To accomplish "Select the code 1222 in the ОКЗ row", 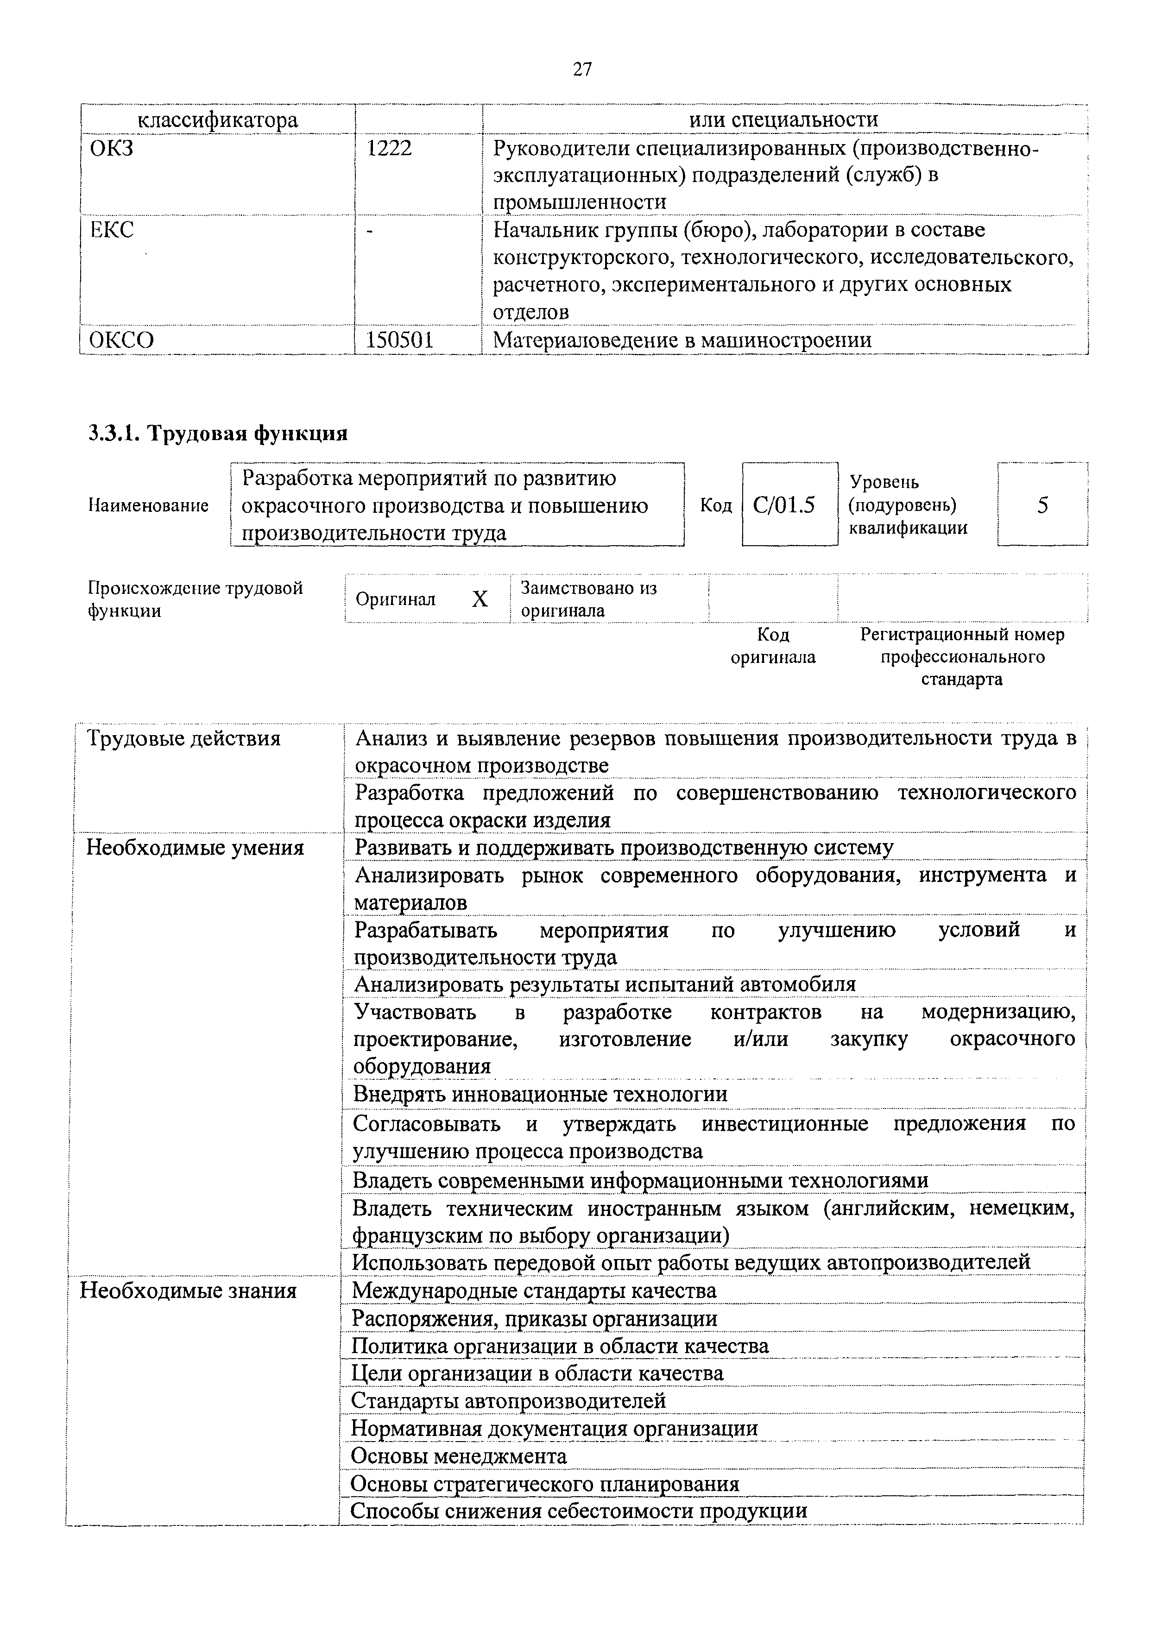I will (x=389, y=148).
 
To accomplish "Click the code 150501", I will (x=399, y=340).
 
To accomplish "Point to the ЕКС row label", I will (x=112, y=230).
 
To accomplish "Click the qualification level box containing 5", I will (x=1042, y=504).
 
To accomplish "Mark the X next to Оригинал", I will (x=480, y=599).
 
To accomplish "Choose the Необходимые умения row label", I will (x=195, y=848).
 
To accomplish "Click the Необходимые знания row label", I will (x=188, y=1290).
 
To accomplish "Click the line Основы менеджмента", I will (x=459, y=1456).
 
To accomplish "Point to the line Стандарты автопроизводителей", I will (x=508, y=1400).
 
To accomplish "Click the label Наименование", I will (x=149, y=505).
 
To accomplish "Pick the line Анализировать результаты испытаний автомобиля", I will (x=605, y=984).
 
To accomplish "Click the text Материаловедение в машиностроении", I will (x=682, y=340).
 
